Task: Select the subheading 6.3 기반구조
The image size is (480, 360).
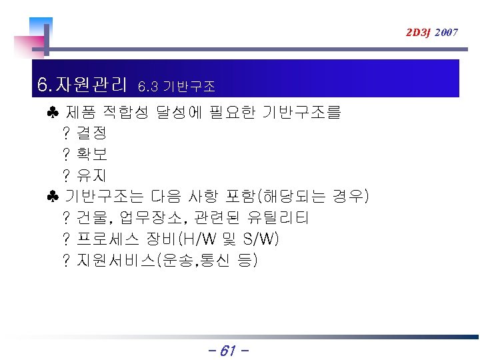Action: coord(176,87)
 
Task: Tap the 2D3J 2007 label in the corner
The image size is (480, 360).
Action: coord(432,32)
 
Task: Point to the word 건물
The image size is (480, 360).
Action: coord(92,218)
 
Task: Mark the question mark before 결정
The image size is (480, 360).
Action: coord(66,133)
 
